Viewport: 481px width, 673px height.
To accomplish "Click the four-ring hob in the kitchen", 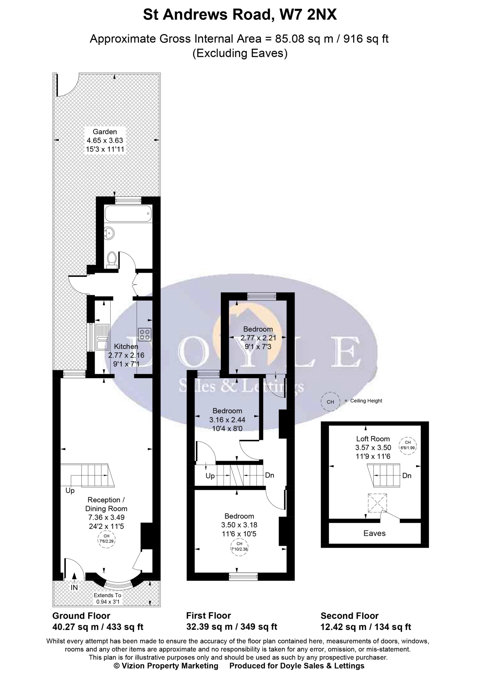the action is coord(144,334).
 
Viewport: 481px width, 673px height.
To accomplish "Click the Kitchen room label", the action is coord(126,346).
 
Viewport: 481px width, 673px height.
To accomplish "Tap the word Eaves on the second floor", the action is coord(375,534).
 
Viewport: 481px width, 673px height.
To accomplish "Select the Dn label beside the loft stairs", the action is coord(407,476).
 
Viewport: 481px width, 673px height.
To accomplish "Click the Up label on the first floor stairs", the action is coord(210,476).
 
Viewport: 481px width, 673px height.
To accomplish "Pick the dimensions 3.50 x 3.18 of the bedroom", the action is coord(239,525).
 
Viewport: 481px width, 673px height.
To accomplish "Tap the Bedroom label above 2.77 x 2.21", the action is coord(258,329).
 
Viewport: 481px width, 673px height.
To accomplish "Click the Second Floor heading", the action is coord(349,616).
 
